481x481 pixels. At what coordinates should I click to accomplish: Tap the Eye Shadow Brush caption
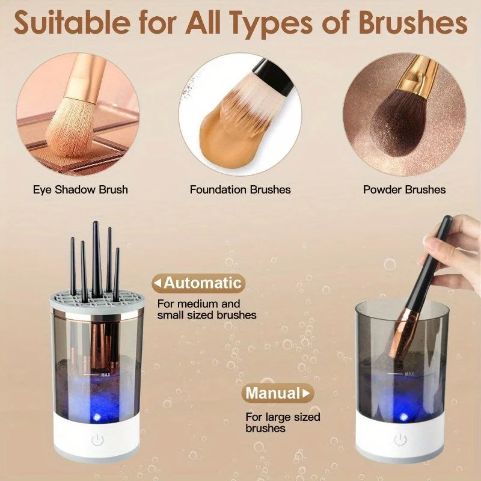[x=80, y=189]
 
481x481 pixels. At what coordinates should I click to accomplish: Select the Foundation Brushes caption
[x=240, y=189]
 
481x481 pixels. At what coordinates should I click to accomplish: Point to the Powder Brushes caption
[x=404, y=189]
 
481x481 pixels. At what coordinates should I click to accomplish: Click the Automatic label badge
[x=198, y=283]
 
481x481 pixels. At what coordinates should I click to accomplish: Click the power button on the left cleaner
[x=97, y=440]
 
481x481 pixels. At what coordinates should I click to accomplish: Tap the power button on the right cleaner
[x=400, y=440]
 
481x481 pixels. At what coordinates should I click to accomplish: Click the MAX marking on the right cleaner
[x=409, y=374]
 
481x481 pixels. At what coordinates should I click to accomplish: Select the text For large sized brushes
[x=282, y=423]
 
